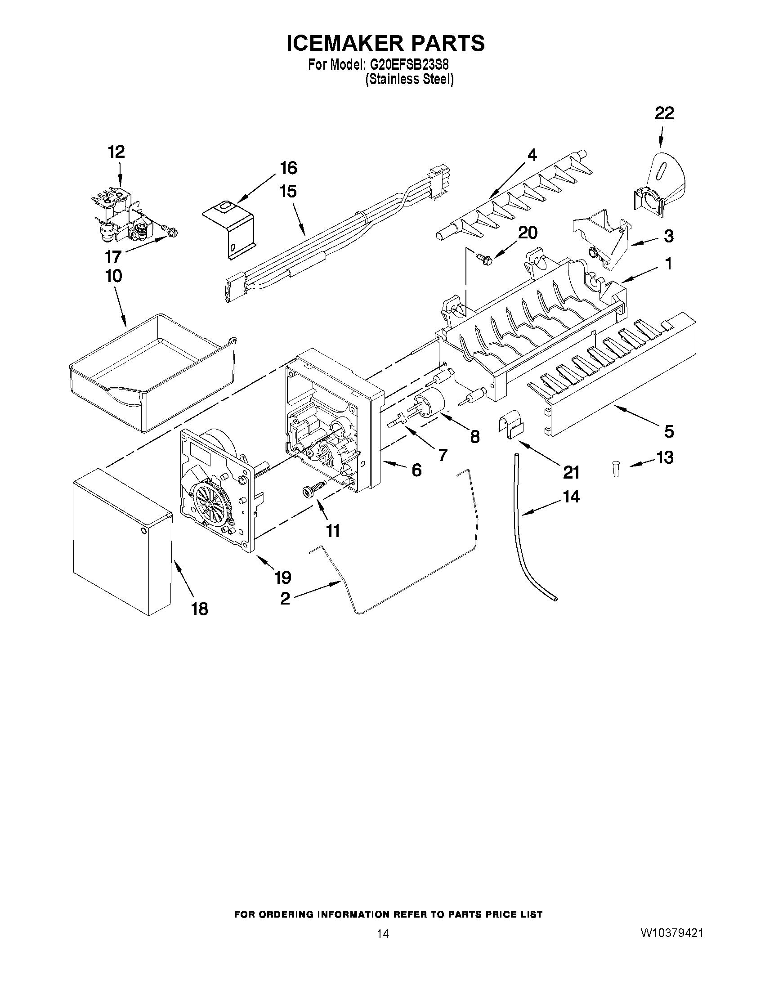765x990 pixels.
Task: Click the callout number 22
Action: [664, 113]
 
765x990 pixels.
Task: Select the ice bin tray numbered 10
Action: [152, 369]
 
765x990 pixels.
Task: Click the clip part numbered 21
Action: [510, 424]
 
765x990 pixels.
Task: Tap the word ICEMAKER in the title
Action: [344, 43]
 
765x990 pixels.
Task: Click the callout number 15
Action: [288, 191]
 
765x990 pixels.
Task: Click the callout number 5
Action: [668, 431]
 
